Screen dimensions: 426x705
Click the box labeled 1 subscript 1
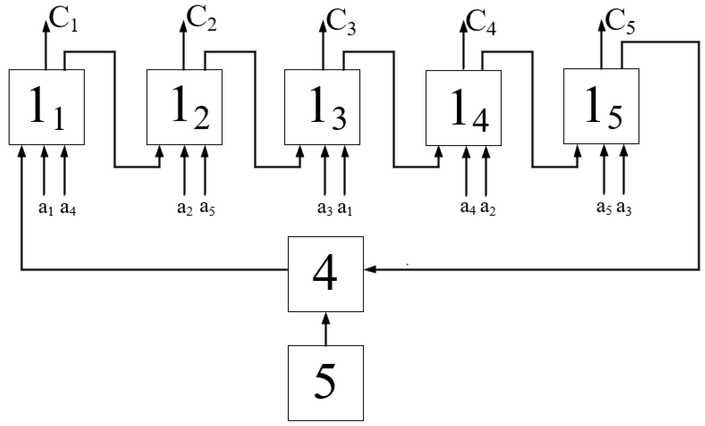point(46,107)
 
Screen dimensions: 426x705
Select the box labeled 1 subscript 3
point(322,107)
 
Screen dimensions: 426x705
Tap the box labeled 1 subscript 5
point(601,106)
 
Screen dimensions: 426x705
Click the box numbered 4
point(326,274)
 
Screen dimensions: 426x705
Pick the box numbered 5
point(326,383)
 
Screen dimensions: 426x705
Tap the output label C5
point(620,22)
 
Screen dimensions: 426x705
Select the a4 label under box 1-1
point(68,209)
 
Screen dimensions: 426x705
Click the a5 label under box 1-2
point(207,208)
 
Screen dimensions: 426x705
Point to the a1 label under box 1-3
point(345,208)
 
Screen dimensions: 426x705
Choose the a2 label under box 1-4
point(488,208)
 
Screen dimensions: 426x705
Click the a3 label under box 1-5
point(624,208)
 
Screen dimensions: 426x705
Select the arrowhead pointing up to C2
point(183,27)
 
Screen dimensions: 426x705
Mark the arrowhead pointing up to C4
point(463,27)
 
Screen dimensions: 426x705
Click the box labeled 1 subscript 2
point(184,107)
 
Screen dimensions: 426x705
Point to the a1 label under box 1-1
point(46,209)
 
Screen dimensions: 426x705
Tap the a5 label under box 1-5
point(604,208)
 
